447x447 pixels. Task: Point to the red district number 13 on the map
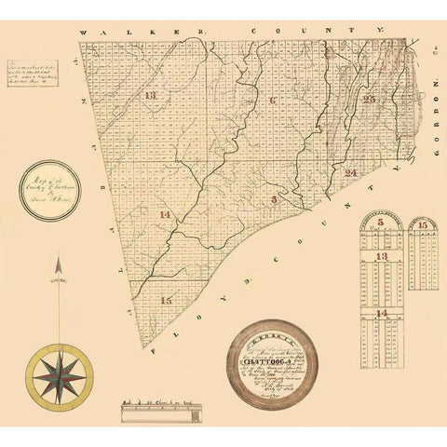pyautogui.click(x=152, y=97)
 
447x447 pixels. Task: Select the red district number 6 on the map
pyautogui.click(x=273, y=100)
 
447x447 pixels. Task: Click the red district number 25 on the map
pyautogui.click(x=370, y=100)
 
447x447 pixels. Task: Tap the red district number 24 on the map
pyautogui.click(x=351, y=174)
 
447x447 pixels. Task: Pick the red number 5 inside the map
pyautogui.click(x=274, y=199)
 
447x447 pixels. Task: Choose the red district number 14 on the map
pyautogui.click(x=165, y=216)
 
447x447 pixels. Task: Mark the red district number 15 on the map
pyautogui.click(x=166, y=301)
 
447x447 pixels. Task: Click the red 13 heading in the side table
pyautogui.click(x=383, y=255)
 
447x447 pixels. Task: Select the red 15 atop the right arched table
pyautogui.click(x=424, y=226)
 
